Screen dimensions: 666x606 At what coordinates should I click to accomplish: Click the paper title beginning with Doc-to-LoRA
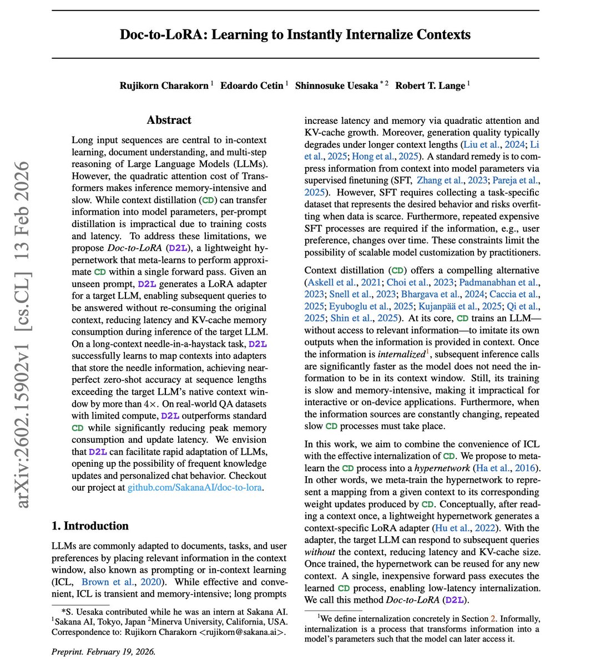(295, 34)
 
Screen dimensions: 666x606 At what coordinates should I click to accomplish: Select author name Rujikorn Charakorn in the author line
(164, 85)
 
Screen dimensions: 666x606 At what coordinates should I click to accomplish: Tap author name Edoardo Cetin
(252, 85)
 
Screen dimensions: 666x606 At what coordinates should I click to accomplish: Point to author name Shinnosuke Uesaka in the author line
(337, 85)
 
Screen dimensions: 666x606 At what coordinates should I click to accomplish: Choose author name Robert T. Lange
(430, 85)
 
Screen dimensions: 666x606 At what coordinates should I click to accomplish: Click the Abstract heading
(169, 120)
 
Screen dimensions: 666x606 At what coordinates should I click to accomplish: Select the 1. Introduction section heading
(90, 526)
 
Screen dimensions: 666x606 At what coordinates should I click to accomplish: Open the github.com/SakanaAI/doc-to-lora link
(194, 488)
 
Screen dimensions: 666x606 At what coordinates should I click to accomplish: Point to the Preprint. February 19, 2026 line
(103, 652)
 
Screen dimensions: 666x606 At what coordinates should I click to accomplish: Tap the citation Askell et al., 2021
(344, 282)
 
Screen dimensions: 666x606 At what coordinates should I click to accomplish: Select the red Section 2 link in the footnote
(492, 618)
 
